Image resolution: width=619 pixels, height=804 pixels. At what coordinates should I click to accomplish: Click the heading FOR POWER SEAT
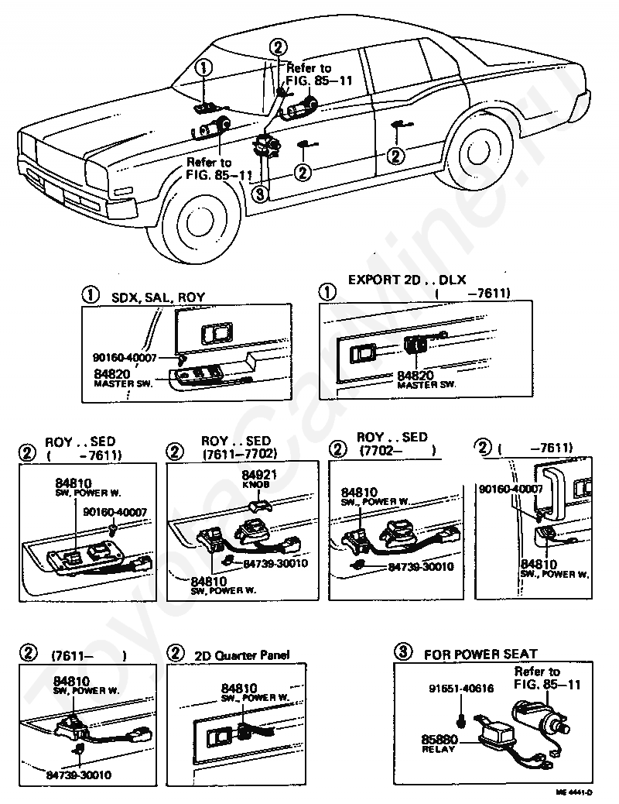click(x=480, y=654)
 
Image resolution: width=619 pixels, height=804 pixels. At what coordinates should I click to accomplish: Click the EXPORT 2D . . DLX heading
click(x=407, y=280)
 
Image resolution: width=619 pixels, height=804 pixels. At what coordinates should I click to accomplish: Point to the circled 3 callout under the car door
click(x=260, y=194)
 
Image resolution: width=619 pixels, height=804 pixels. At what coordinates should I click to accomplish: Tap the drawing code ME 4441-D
click(x=574, y=792)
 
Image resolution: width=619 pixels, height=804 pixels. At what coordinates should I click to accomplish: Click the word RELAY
click(x=435, y=751)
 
